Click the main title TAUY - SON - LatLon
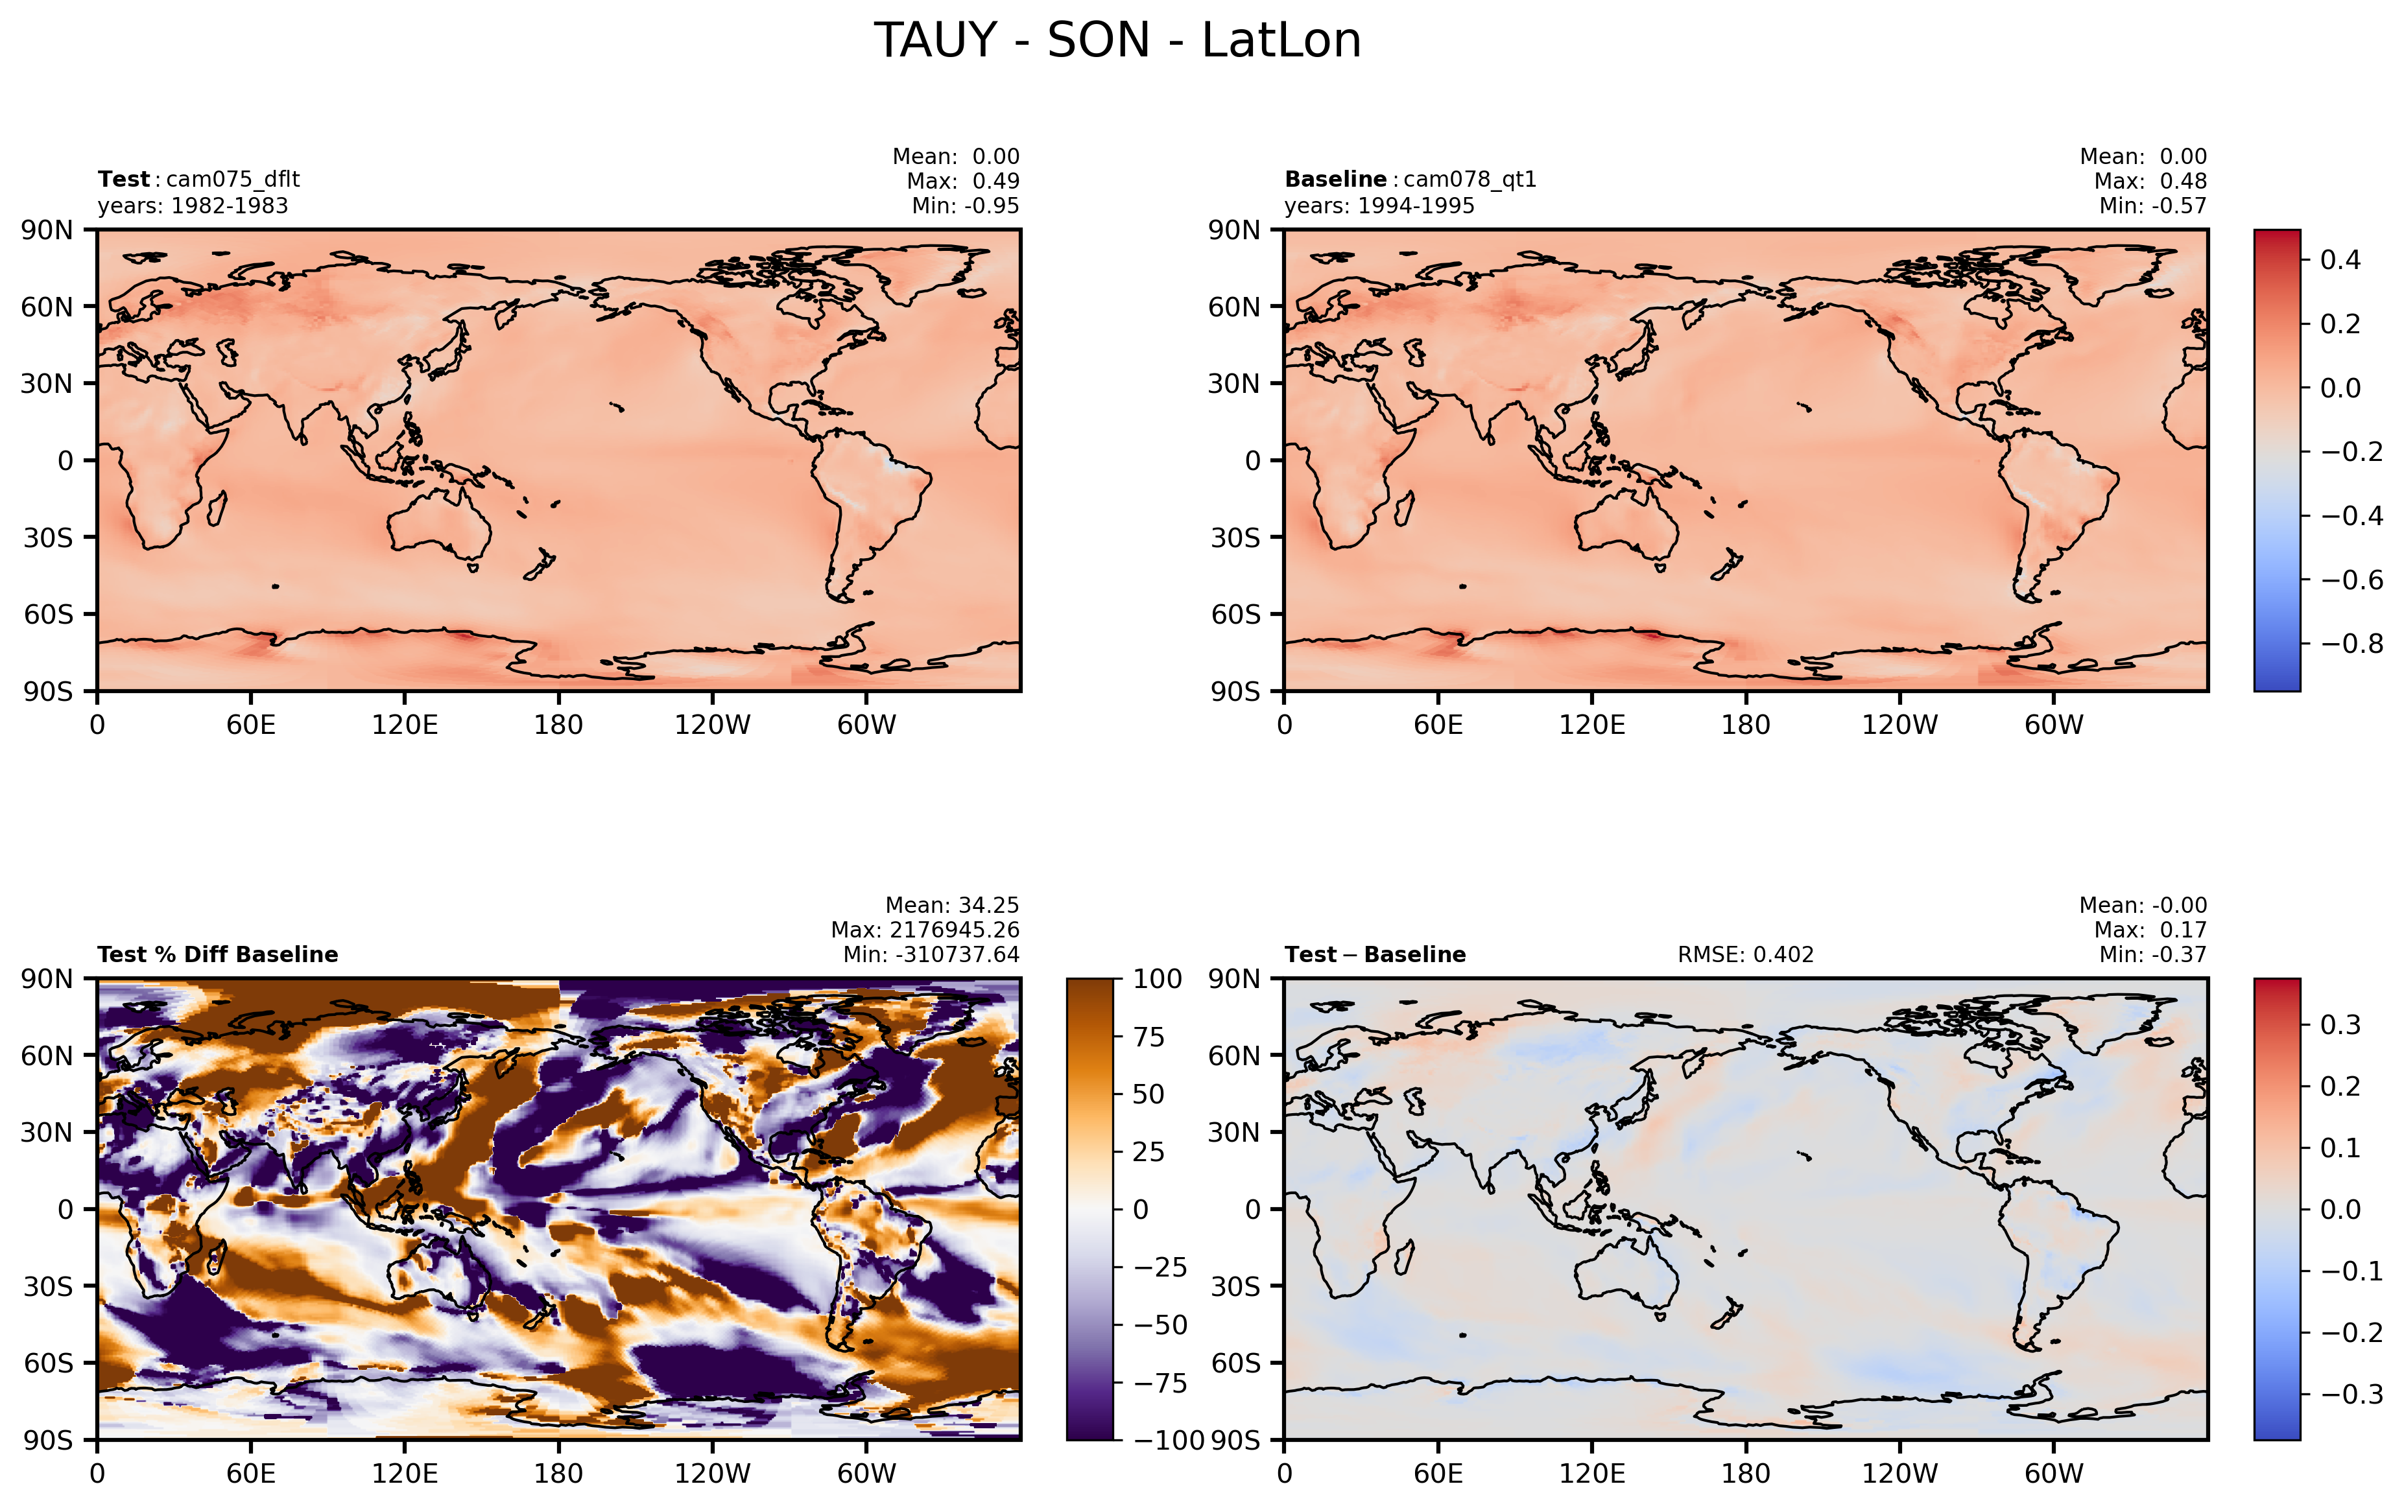[1117, 41]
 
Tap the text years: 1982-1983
[193, 206]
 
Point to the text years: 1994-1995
[1379, 206]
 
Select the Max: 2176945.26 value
[925, 930]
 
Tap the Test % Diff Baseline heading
[217, 954]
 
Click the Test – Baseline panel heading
[1375, 954]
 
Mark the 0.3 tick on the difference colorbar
[2340, 1024]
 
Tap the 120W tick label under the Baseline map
[1899, 725]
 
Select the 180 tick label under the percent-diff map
[558, 1473]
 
